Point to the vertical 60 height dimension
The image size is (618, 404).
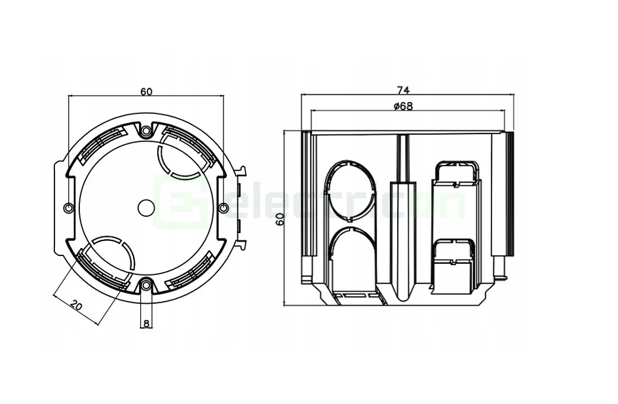(x=279, y=219)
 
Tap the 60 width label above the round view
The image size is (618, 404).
(x=146, y=92)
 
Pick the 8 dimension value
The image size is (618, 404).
(x=146, y=323)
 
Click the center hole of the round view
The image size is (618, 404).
(x=145, y=208)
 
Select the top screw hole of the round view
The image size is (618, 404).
(x=145, y=132)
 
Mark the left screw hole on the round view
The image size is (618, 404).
(x=69, y=208)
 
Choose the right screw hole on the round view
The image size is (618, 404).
(x=223, y=208)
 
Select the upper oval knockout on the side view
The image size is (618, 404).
(x=351, y=191)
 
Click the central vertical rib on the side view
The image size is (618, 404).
(x=399, y=216)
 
